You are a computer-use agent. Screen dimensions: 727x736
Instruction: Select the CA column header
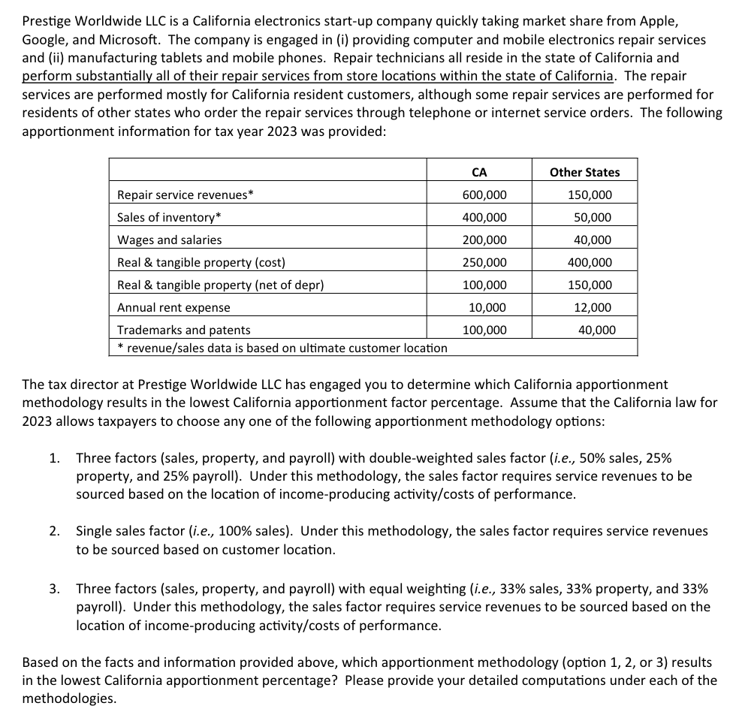tap(479, 172)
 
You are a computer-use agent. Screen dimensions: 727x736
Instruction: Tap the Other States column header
tap(584, 172)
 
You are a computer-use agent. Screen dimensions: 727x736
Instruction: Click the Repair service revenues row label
tap(186, 195)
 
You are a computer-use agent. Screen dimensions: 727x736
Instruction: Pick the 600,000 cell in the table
tap(484, 195)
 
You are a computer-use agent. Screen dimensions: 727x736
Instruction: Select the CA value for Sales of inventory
tap(484, 217)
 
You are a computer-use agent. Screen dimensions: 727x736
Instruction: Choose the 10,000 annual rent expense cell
tap(487, 307)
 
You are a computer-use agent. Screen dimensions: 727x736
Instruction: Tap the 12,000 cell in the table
tap(596, 307)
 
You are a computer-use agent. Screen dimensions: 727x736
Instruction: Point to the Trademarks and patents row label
tap(184, 330)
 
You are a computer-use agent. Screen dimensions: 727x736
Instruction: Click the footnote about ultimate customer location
tap(282, 348)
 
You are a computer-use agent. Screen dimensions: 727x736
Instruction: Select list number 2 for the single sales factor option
tap(54, 531)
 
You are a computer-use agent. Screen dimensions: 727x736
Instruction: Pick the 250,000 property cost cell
tap(484, 262)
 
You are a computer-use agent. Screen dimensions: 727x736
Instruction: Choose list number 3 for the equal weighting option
tap(54, 588)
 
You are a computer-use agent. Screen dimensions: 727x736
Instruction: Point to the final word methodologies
tap(69, 698)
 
